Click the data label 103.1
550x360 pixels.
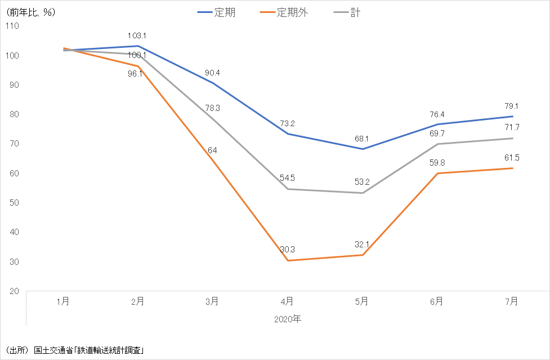[137, 36]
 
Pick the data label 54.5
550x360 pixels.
[287, 178]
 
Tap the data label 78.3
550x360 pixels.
[212, 108]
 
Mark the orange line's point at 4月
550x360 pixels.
[287, 260]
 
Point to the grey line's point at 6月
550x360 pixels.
[437, 144]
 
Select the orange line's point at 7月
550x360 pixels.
[512, 168]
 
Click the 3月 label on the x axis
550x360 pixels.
[212, 302]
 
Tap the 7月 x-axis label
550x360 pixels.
[512, 302]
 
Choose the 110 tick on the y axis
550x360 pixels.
[12, 26]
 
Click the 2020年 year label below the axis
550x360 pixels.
[288, 319]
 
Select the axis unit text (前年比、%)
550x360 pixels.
[30, 12]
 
